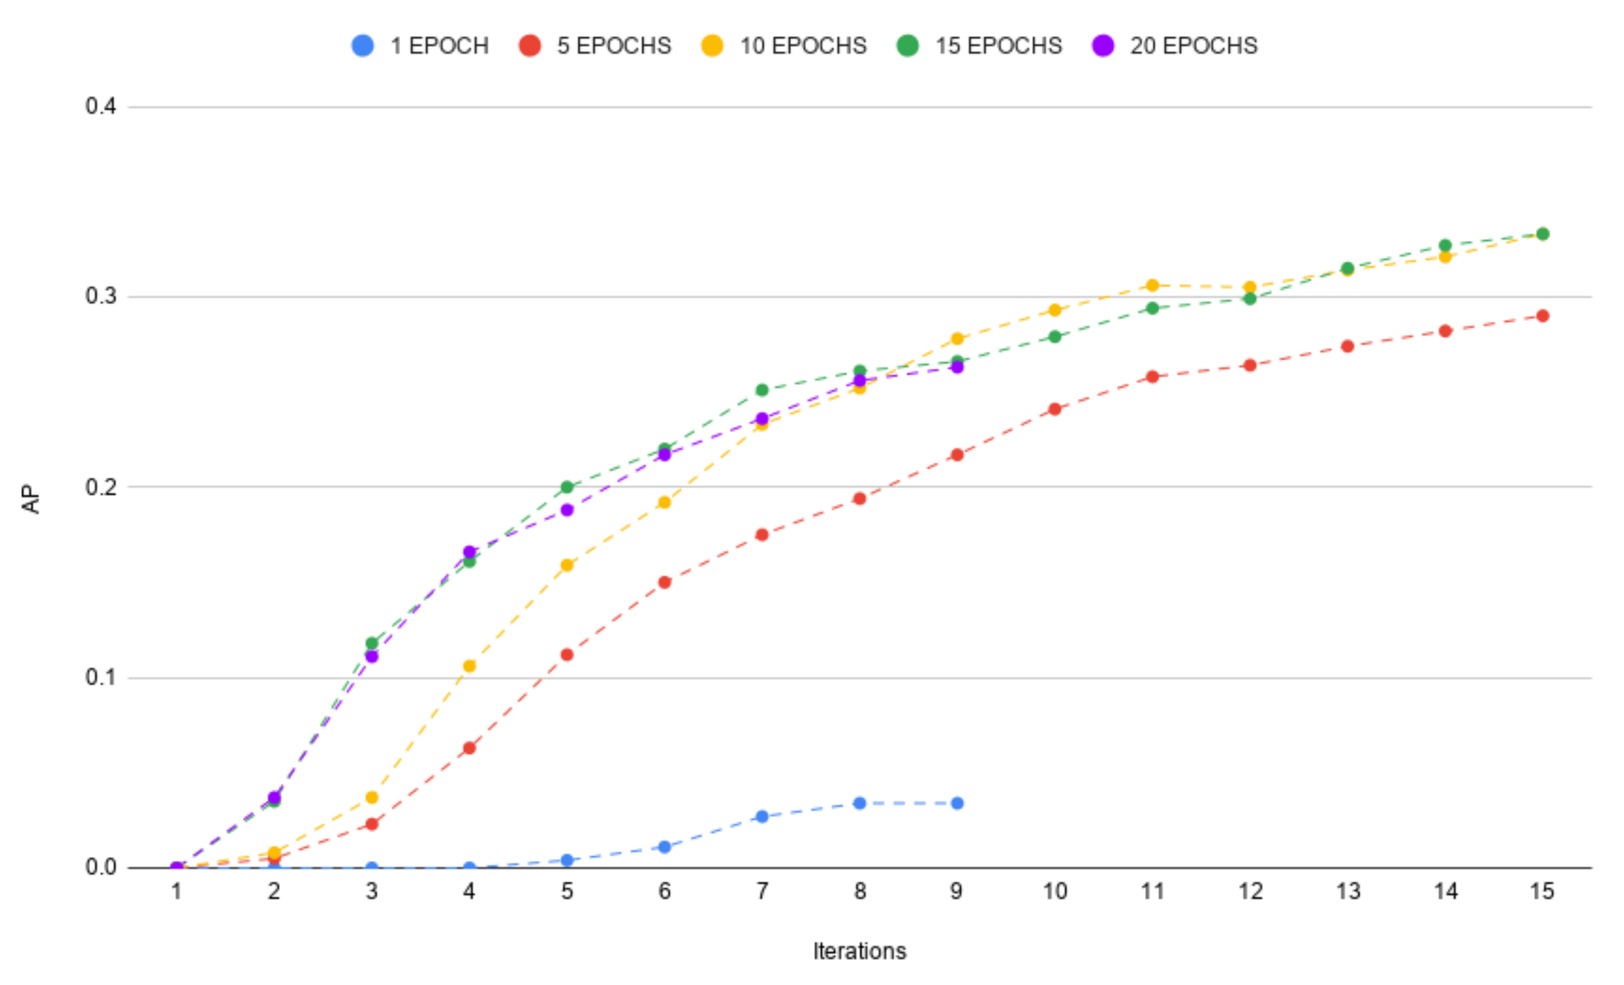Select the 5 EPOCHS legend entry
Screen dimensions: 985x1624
tap(595, 45)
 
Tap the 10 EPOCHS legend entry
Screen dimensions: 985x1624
tap(784, 45)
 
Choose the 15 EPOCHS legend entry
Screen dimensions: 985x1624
tap(980, 45)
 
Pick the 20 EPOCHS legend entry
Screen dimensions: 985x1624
tap(1175, 45)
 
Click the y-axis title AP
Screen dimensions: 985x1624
tap(31, 499)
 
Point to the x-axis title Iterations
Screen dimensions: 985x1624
tap(859, 951)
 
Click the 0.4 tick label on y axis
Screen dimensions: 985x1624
tap(100, 106)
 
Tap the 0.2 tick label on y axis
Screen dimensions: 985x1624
tap(100, 487)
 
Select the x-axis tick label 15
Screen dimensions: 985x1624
tap(1542, 892)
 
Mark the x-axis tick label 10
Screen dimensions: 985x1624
tap(1054, 892)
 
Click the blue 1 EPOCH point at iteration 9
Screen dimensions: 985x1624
tap(957, 803)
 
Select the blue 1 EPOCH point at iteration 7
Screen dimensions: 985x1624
tap(762, 816)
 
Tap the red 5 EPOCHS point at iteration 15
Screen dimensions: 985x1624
tap(1543, 316)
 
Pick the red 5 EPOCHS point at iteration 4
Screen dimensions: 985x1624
tap(469, 748)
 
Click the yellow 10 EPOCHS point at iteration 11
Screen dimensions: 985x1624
tap(1152, 285)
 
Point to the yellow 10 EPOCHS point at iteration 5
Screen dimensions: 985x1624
tap(567, 565)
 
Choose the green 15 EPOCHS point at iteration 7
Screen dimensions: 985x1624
tap(762, 390)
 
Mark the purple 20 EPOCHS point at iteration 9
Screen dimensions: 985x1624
tap(957, 367)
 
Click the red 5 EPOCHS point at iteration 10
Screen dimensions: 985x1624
tap(1054, 409)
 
